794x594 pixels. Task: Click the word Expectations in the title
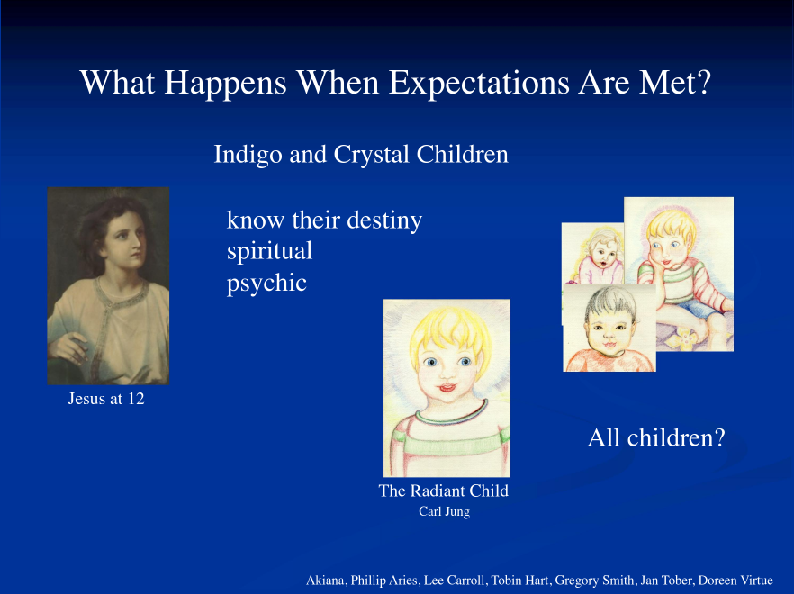(480, 84)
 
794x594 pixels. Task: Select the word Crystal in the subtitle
(371, 156)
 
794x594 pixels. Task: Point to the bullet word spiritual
(269, 252)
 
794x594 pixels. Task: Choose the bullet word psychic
(266, 283)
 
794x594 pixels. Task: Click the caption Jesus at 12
(106, 399)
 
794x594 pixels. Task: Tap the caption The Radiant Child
(444, 490)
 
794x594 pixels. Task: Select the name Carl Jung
(444, 512)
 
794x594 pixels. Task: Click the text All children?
(656, 438)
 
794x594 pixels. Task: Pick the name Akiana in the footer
(326, 580)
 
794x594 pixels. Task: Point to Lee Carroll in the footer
(455, 580)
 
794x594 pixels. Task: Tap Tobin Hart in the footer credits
(520, 580)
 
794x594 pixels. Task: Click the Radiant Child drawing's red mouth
(447, 389)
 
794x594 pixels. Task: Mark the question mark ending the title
(704, 83)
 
